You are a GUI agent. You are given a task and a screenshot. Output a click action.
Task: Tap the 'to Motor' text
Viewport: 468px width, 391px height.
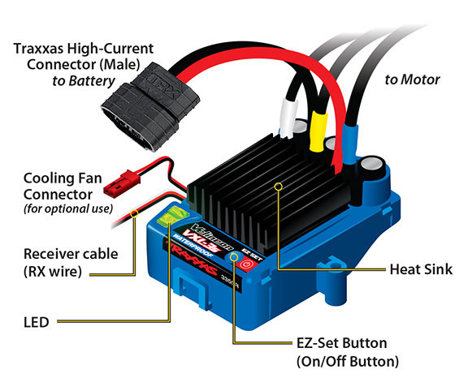coord(413,79)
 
